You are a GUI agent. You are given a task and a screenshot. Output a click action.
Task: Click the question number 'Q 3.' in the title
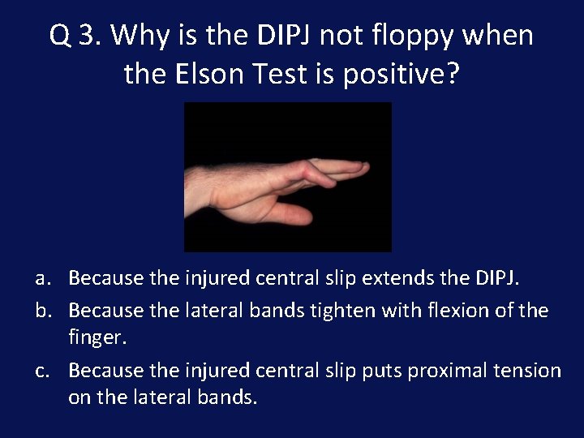(75, 36)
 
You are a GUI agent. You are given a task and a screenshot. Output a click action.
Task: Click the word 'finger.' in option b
(95, 337)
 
